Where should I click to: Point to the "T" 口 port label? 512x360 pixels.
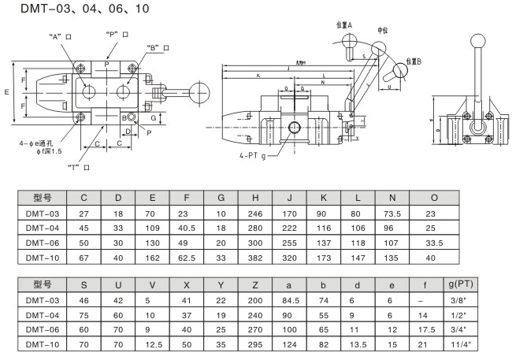coord(81,167)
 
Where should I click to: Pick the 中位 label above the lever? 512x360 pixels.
coord(383,30)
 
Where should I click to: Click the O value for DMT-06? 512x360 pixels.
coord(435,241)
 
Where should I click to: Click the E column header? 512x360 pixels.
coord(152,196)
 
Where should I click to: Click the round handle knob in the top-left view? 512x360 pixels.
coord(200,88)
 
